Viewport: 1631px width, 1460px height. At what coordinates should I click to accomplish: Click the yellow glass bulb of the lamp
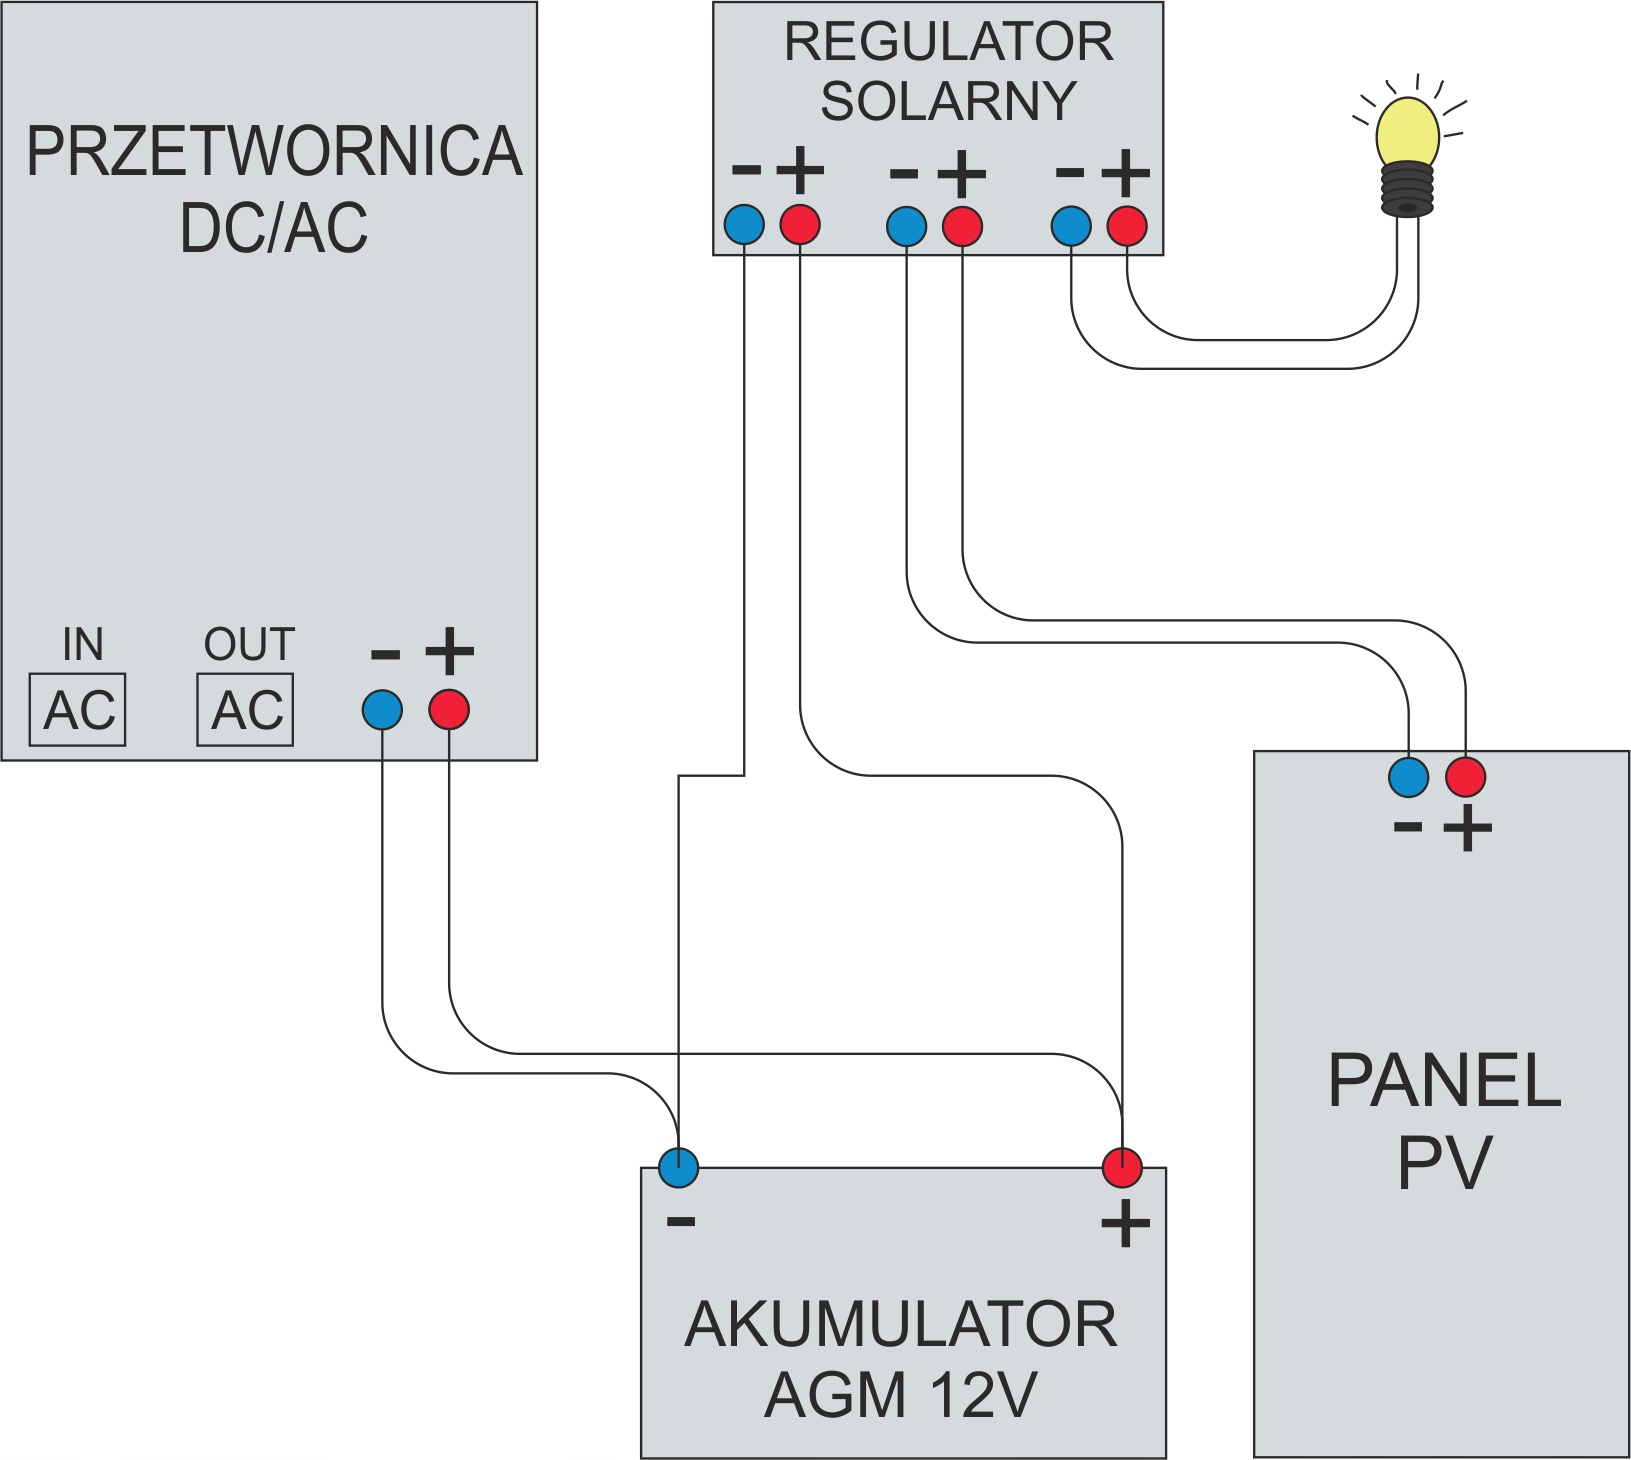1407,131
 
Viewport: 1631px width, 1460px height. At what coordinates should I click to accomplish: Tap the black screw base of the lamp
1408,189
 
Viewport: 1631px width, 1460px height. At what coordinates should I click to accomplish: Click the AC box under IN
78,710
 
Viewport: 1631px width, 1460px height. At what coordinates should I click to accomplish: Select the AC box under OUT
245,710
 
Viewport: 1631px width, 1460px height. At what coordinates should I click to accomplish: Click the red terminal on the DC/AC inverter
449,710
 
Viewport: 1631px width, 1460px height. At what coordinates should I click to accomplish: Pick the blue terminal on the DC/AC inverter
382,710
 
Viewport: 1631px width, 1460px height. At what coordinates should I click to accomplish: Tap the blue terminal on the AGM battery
679,1167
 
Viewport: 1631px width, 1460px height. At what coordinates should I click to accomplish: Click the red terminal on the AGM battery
1122,1167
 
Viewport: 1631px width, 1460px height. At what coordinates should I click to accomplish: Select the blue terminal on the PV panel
1409,777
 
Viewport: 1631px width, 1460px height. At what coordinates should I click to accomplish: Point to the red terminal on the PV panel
1465,777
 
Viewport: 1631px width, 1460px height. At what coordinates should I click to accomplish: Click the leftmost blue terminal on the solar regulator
744,225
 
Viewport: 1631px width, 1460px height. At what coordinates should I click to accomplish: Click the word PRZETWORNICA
274,152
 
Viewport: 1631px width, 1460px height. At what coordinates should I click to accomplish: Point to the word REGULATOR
948,42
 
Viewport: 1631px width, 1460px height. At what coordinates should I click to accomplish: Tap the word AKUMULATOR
901,1325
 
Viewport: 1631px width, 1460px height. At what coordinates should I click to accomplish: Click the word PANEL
1444,1081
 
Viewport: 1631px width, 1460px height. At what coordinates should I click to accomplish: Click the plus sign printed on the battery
1125,1223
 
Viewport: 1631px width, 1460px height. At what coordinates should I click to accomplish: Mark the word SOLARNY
948,101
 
